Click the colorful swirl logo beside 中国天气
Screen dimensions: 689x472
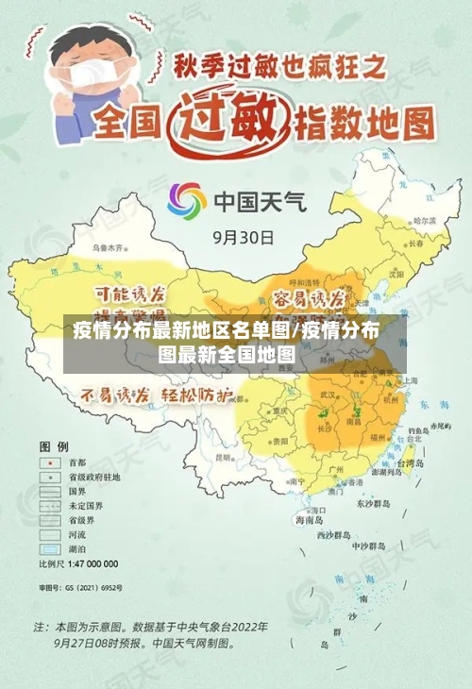point(187,200)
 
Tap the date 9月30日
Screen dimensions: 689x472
point(244,237)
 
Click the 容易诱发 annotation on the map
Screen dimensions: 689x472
point(309,299)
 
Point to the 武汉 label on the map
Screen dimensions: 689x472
point(328,393)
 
